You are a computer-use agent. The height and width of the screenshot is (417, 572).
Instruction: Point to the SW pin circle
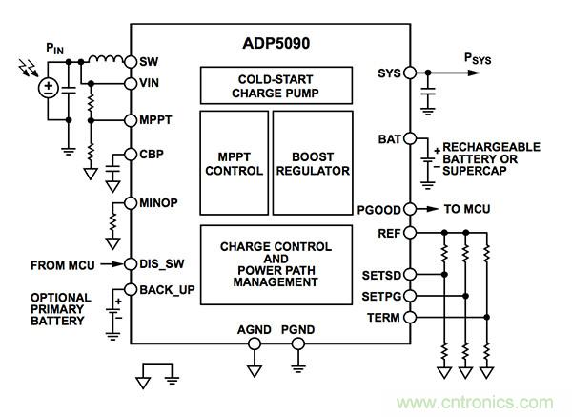[x=132, y=61]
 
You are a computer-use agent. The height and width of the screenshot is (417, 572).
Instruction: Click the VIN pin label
[x=149, y=84]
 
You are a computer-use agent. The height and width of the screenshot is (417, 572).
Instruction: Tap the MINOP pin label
[x=156, y=202]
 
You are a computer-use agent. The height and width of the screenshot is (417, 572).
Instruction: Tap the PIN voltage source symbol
[x=46, y=89]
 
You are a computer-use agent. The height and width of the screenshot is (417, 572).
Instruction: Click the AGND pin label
[x=255, y=331]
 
